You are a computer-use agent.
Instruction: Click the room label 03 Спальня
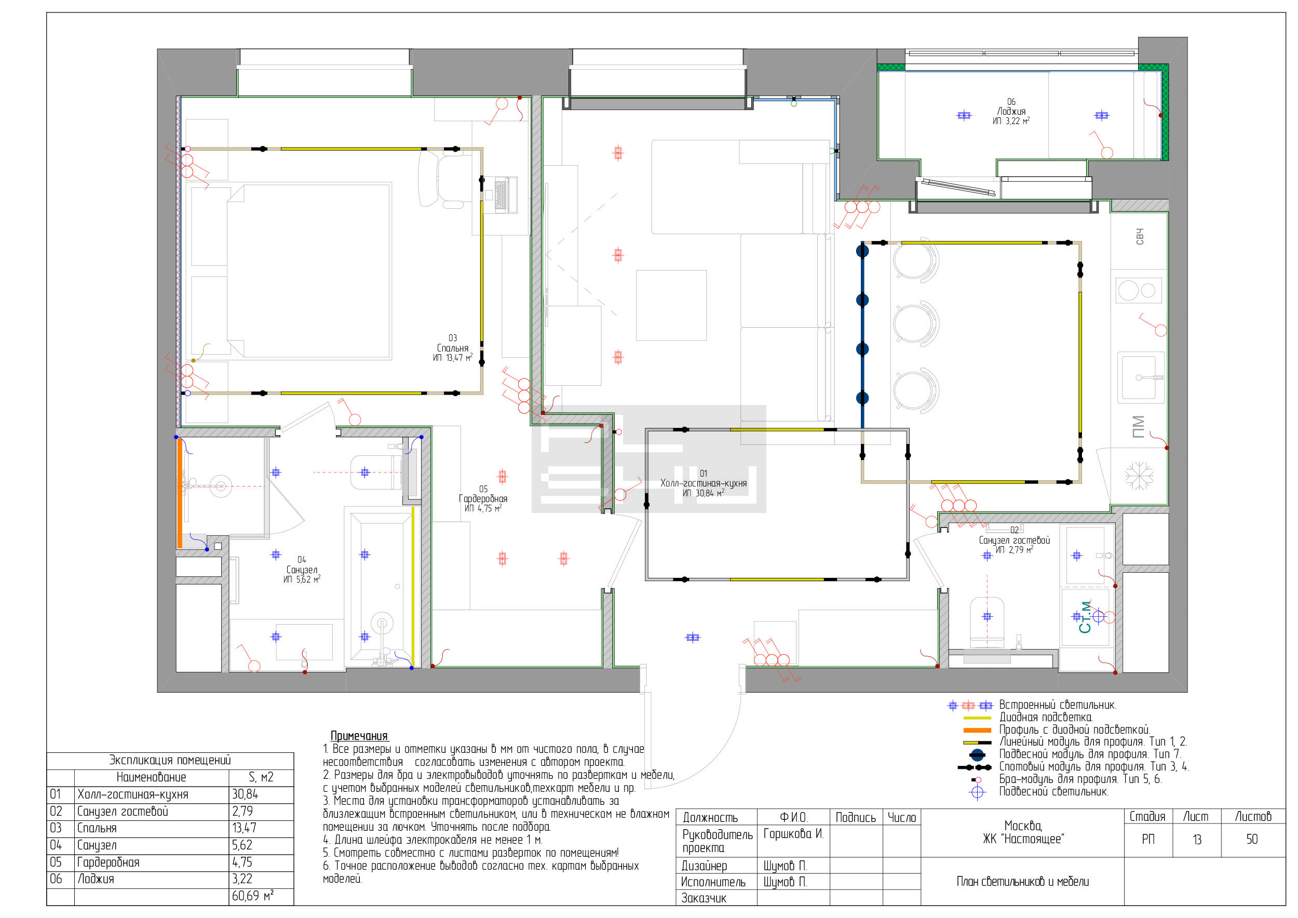pos(452,348)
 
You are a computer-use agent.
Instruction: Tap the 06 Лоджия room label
pos(1011,111)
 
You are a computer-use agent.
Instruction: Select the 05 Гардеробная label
pos(483,498)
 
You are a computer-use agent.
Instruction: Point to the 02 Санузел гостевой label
pos(1014,540)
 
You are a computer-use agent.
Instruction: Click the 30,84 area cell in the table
pos(245,794)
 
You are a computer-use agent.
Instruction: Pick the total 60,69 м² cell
pos(252,896)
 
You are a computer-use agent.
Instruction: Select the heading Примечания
pos(360,736)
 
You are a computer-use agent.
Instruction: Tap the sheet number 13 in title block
pos(1197,840)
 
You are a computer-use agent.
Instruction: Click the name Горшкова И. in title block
pos(793,834)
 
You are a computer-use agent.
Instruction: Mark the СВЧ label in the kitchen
pos(1139,237)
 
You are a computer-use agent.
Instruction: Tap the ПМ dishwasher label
pos(1138,427)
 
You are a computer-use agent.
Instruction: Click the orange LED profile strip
pos(180,493)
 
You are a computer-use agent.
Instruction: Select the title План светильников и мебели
pos(1023,882)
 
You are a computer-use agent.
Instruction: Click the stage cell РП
pos(1148,840)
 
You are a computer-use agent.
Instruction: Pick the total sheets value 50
pos(1252,840)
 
